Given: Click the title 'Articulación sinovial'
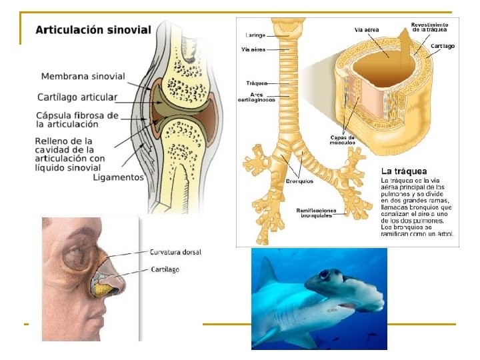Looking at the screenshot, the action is click(x=93, y=30).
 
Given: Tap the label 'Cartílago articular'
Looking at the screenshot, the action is click(x=77, y=97).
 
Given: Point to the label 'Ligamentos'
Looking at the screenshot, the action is click(x=119, y=177).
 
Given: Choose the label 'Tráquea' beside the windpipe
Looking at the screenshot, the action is click(x=256, y=83).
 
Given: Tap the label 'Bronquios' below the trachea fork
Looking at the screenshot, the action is click(x=300, y=181).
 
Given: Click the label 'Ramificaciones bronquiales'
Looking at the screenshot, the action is click(x=317, y=212).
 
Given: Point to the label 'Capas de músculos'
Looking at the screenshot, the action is click(x=342, y=140).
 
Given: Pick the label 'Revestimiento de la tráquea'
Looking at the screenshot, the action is click(x=429, y=27).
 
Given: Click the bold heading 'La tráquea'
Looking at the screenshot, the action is click(x=404, y=170).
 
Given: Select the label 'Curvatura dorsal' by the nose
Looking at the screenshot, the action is click(x=175, y=252).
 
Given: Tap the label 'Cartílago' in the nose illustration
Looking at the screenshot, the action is click(x=165, y=269).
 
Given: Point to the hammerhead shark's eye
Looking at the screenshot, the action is click(x=323, y=273).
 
